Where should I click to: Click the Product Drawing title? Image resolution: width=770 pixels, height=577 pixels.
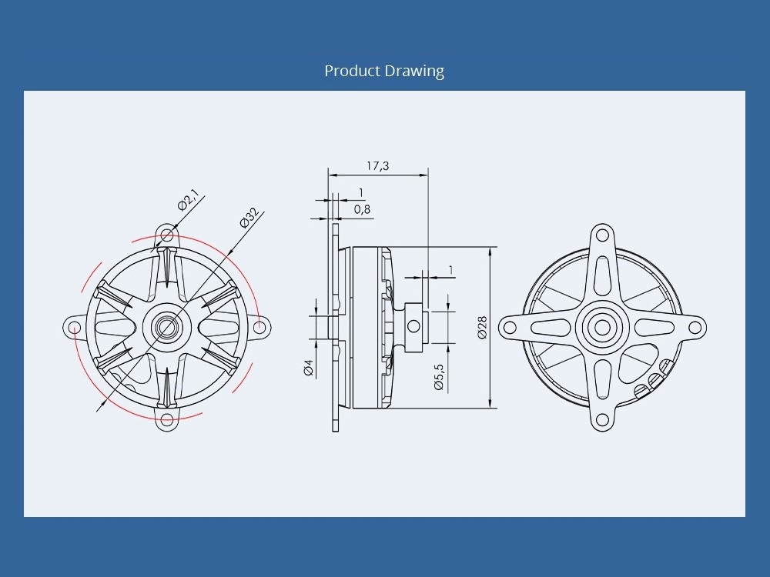pyautogui.click(x=384, y=71)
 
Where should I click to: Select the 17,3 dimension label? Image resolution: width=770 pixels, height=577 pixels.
pyautogui.click(x=377, y=166)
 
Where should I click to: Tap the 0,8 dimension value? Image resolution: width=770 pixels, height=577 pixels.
pyautogui.click(x=362, y=209)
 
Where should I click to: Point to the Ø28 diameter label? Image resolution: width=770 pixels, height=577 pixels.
pyautogui.click(x=482, y=328)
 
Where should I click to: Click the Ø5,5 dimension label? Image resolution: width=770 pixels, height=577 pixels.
pyautogui.click(x=439, y=377)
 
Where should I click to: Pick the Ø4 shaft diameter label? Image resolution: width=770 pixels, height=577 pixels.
pyautogui.click(x=309, y=368)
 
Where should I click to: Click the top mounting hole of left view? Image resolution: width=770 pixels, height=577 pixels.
pyautogui.click(x=167, y=235)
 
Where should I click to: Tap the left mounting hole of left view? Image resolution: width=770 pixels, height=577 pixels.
pyautogui.click(x=74, y=327)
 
